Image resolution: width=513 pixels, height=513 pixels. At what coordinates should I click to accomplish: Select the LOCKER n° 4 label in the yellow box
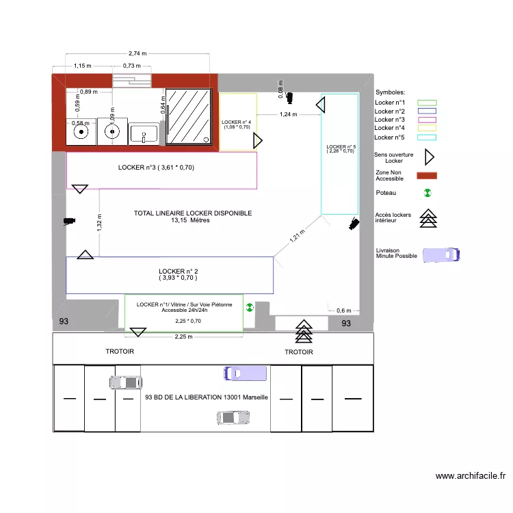[x=237, y=124]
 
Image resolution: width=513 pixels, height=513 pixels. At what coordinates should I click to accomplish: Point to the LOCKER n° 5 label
[x=340, y=148]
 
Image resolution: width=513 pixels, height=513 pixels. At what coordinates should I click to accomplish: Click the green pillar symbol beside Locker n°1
[x=250, y=307]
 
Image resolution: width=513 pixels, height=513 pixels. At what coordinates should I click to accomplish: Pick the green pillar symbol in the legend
[x=428, y=194]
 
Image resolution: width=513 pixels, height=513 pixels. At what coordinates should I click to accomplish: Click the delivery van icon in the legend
[x=441, y=254]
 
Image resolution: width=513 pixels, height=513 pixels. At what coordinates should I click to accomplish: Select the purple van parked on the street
[x=245, y=373]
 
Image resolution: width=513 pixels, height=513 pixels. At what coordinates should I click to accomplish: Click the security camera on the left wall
[x=68, y=221]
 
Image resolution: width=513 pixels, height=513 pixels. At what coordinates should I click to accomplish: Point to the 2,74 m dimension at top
[x=137, y=53]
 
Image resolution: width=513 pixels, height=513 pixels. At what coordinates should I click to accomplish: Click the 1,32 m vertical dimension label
[x=100, y=223]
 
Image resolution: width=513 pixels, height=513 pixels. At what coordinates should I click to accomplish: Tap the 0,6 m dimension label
[x=343, y=311]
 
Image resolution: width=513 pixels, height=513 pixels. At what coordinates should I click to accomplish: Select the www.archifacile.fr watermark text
[x=471, y=476]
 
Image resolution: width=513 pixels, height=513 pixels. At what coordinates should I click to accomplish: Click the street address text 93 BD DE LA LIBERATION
[x=207, y=397]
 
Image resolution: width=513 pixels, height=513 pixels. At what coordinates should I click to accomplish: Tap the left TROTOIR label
[x=120, y=352]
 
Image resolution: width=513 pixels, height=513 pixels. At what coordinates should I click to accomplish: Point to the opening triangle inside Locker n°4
[x=258, y=142]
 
